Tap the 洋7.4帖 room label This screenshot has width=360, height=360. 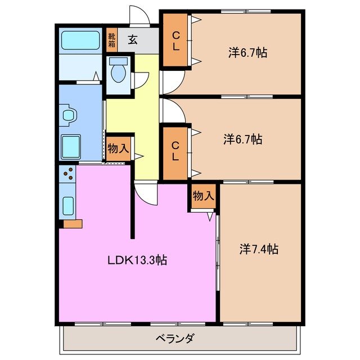[x=259, y=248]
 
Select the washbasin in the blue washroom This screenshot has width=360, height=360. [x=68, y=115]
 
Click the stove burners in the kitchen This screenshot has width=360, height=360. [x=67, y=175]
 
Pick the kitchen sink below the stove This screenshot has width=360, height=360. [x=68, y=205]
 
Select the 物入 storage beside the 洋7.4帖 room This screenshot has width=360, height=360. [x=203, y=196]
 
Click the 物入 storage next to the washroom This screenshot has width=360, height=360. [x=119, y=148]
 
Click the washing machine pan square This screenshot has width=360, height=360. [x=72, y=147]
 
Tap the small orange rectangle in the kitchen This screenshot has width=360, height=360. [x=73, y=224]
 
